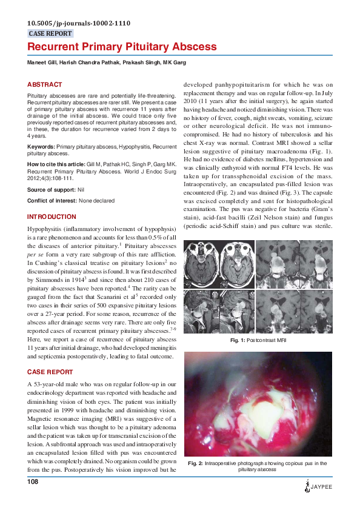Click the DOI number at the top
click(x=79, y=24)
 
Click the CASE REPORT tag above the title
click(x=50, y=34)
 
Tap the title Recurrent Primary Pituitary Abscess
click(x=122, y=47)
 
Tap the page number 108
click(x=33, y=481)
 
